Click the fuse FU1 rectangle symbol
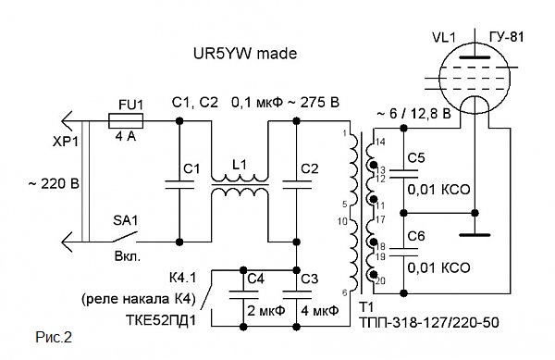coord(125,121)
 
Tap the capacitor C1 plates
coord(179,184)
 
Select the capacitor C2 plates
coord(297,184)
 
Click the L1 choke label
coord(240,165)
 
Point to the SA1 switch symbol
coord(125,237)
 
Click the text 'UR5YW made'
coord(245,54)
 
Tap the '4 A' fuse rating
coord(125,136)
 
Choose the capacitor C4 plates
coord(243,295)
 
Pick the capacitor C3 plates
coord(297,295)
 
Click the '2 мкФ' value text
coord(265,311)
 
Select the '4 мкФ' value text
coord(320,311)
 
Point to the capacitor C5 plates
coord(403,174)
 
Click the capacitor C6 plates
coord(403,252)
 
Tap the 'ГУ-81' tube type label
coord(507,37)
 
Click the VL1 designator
coord(444,38)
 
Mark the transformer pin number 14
coord(380,143)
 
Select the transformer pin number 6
coord(345,292)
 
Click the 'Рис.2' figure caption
coord(54,338)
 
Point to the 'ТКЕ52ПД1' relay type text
coord(160,320)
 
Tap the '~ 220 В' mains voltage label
coord(54,184)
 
